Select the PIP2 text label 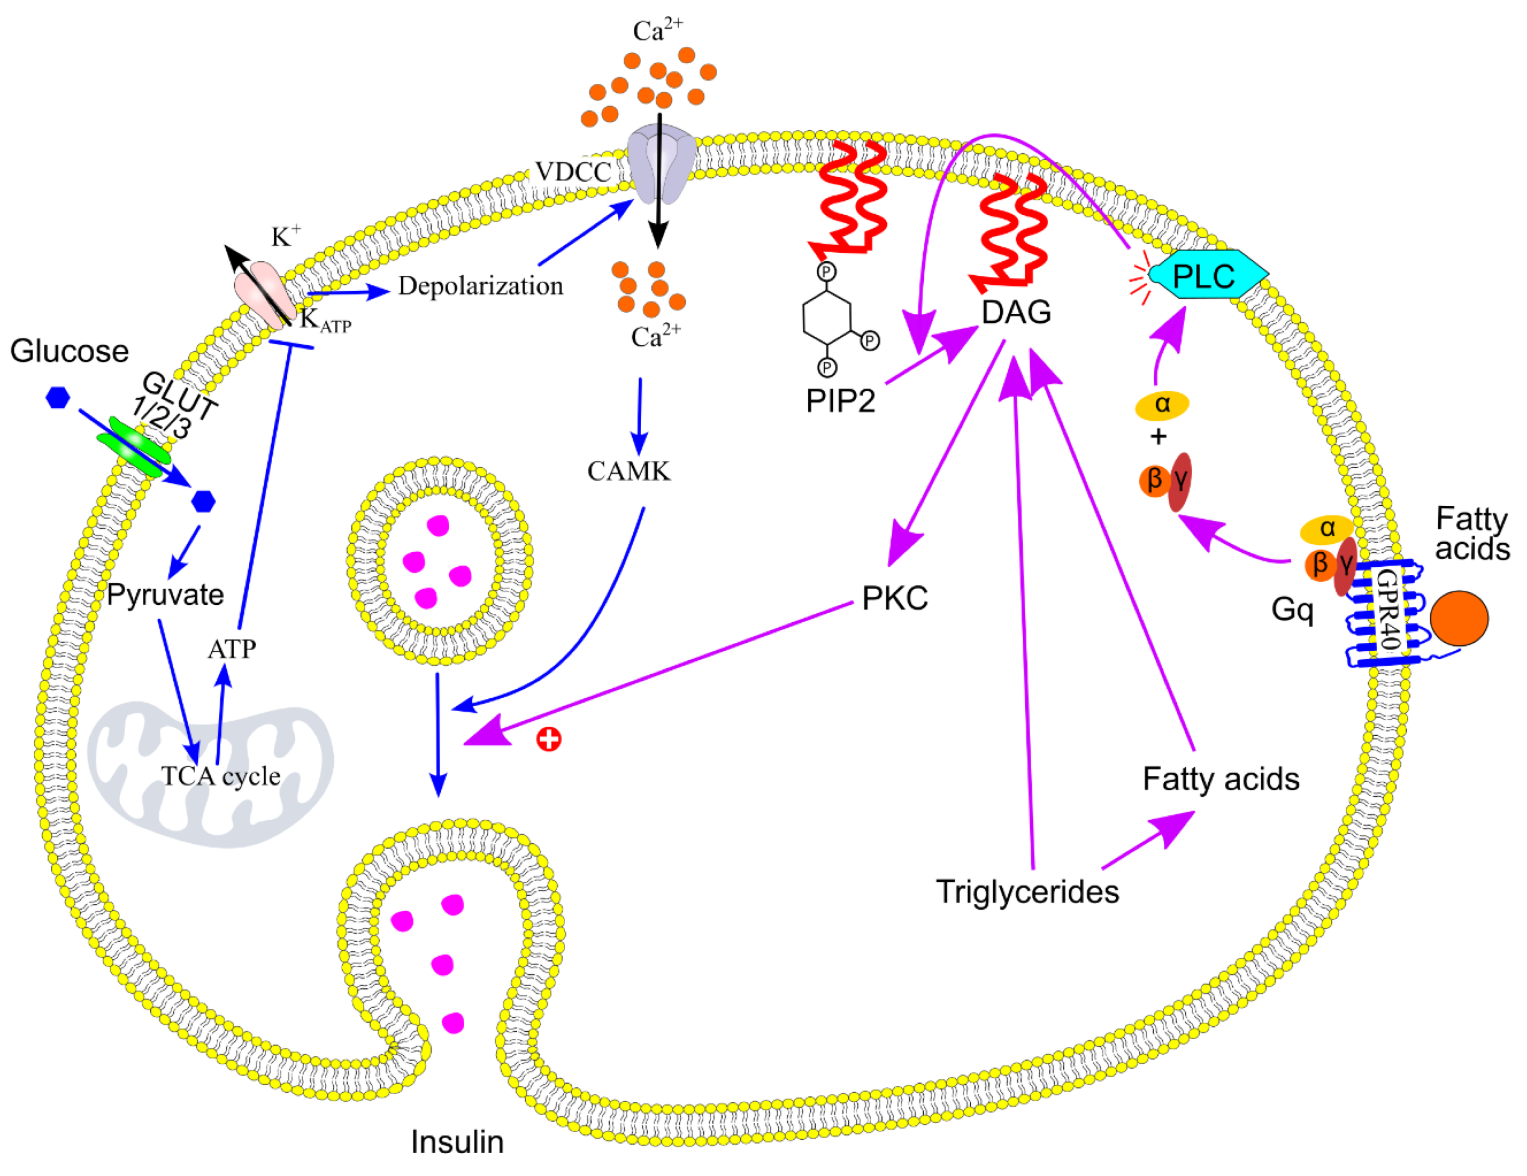point(840,401)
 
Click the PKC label point(894,598)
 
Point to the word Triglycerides point(1027,891)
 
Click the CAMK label point(628,471)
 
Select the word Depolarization point(480,286)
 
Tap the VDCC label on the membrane point(573,171)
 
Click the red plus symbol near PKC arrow point(549,739)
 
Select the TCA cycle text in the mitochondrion point(220,776)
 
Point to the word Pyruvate point(165,595)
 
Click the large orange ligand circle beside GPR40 point(1458,618)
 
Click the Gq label point(1292,610)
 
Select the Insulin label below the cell point(457,1142)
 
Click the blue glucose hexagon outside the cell point(57,398)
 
